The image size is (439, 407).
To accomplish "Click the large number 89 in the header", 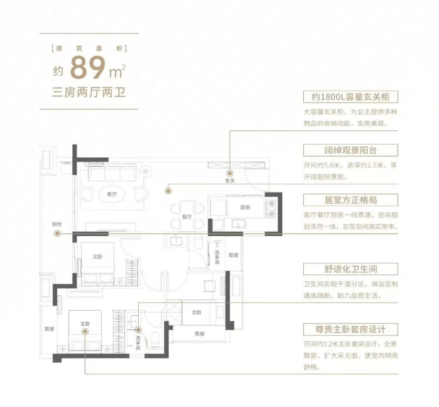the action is pos(88,68).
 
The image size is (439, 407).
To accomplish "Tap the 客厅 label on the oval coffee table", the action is pos(112,194).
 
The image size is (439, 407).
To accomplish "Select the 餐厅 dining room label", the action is pos(187,217).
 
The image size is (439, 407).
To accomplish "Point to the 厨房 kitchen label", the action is pos(245,207).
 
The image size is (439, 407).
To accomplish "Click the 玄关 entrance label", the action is pos(230,181).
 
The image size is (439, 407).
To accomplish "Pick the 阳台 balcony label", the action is pos(57,224).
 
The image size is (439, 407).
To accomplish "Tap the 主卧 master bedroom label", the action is pos(85,324).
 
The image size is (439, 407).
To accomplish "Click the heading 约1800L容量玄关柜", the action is pos(351,97).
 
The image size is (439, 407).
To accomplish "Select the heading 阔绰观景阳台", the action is pos(351,150).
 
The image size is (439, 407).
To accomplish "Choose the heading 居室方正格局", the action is pos(351,200).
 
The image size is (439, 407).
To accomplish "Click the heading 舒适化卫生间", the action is pos(351,269).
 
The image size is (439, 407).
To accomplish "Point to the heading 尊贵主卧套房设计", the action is pos(351,329).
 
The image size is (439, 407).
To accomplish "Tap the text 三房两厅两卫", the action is pos(89,92).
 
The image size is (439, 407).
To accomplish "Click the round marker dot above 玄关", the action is pos(230,173).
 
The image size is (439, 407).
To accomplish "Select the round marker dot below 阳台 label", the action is pos(57,233).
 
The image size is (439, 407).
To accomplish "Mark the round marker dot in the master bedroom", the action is pos(85,331).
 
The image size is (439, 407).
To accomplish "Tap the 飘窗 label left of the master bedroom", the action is pos(49,329).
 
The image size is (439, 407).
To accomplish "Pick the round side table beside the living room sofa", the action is pos(146,171).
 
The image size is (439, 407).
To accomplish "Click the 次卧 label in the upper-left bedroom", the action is pos(98,257).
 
